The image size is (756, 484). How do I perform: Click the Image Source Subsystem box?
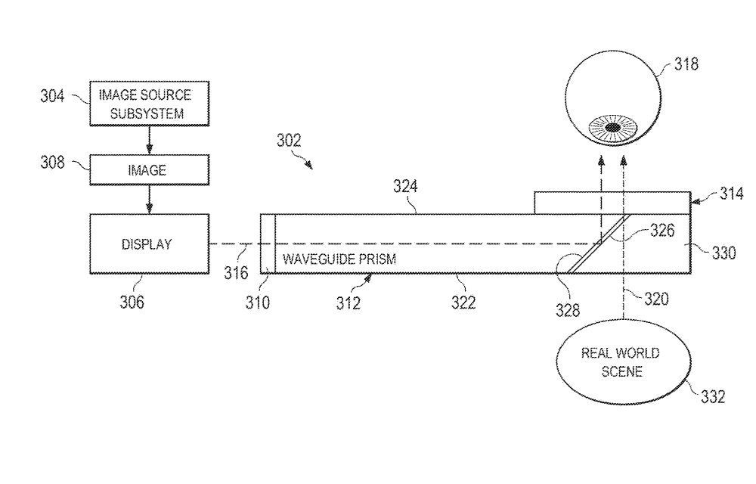point(149,104)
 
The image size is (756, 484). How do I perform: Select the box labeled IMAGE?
point(149,171)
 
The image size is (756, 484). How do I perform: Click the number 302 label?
point(288,140)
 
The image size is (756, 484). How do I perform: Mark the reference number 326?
point(661,231)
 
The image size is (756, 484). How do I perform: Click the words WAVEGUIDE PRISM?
point(339,259)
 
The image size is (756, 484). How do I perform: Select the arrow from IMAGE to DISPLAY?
point(149,198)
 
